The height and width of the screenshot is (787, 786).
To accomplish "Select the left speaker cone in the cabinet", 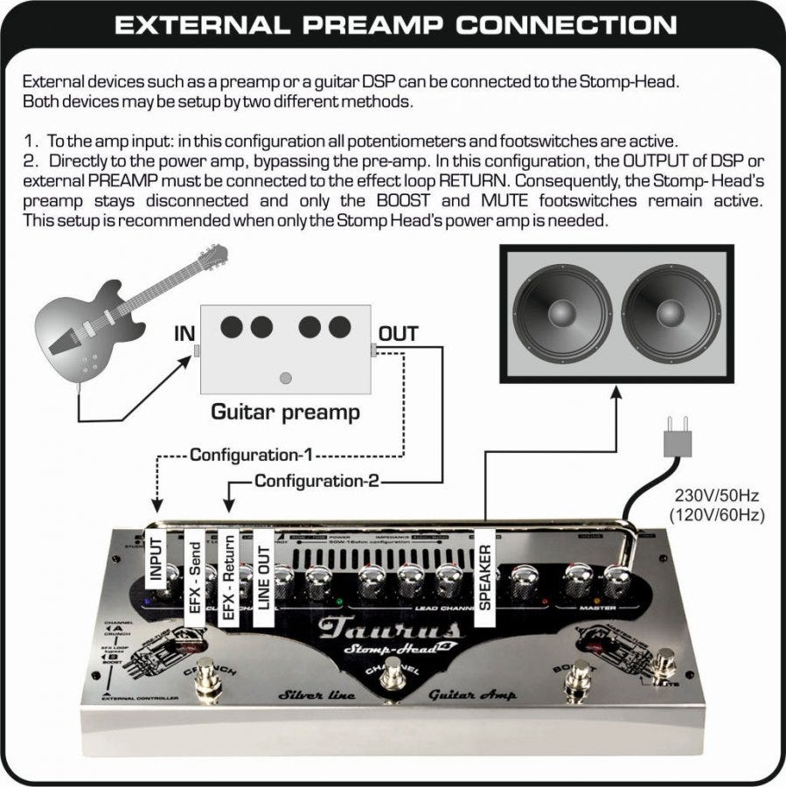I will pos(562,313).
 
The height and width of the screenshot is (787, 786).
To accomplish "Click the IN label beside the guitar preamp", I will pos(184,333).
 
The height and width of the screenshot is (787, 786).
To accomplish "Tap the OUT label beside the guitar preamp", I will pos(398,333).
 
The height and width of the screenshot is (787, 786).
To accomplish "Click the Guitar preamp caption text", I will pos(285,412).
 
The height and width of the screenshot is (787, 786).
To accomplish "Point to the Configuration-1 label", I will pos(252,456).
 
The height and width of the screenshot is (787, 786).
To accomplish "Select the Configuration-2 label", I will pos(316,481).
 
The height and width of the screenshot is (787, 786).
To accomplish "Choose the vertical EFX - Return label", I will pos(229,577).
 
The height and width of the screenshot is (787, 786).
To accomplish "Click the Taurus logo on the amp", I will pos(390,629).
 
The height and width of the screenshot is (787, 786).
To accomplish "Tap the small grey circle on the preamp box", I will pos(284,379).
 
